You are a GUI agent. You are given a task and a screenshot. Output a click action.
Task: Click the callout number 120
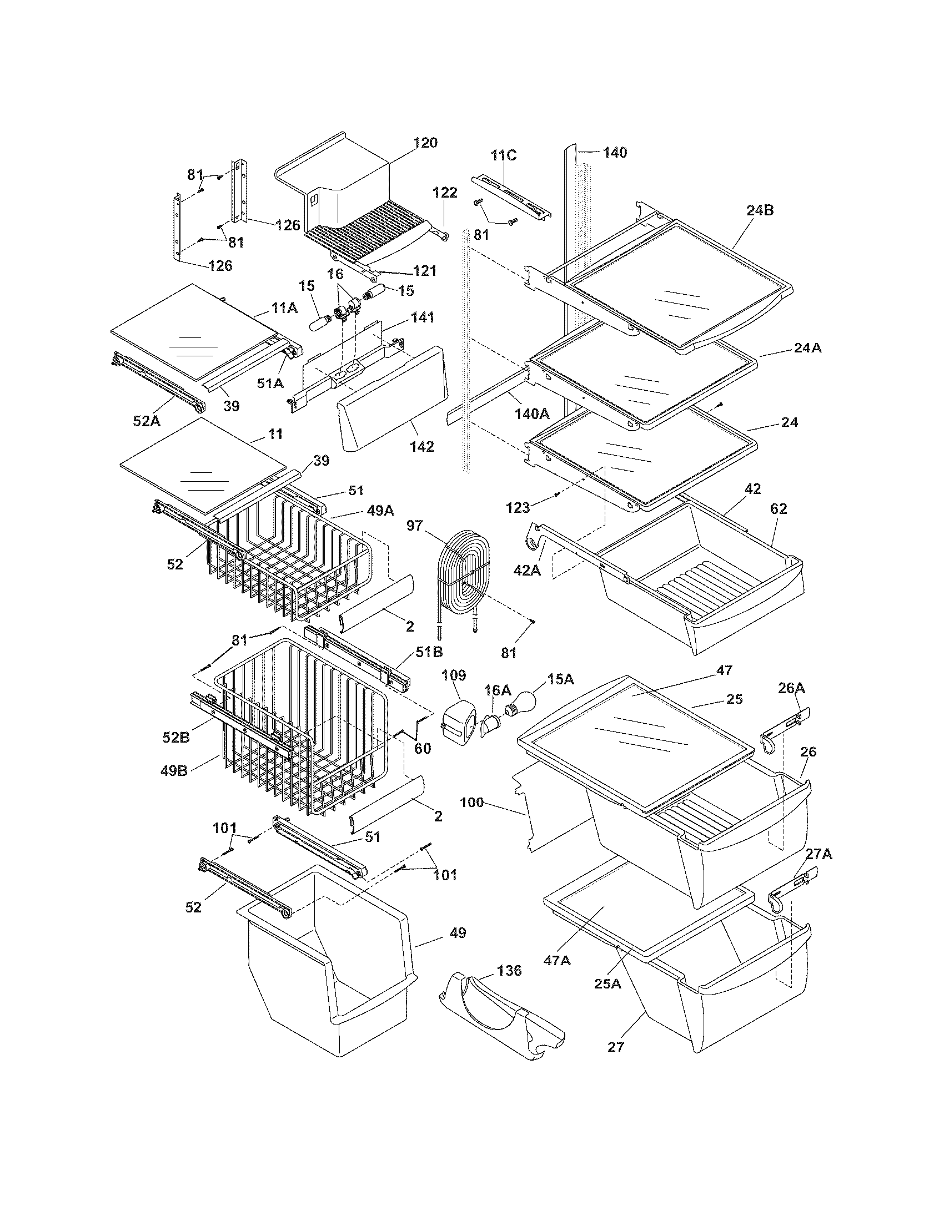coord(425,143)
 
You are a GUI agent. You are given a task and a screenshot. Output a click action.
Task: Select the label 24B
coord(760,210)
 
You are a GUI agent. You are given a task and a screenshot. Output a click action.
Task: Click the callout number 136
coord(508,971)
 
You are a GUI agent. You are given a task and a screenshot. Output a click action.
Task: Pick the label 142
coord(421,446)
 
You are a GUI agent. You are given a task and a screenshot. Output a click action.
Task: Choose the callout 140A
coord(532,413)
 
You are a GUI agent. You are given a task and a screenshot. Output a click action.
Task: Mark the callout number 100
coord(471,803)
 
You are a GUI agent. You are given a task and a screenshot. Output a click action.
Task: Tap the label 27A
coord(819,854)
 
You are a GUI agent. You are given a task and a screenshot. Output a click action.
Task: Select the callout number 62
coord(779,509)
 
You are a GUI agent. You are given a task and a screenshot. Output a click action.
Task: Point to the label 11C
coord(504,155)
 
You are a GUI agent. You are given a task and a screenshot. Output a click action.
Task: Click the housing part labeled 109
coord(458,722)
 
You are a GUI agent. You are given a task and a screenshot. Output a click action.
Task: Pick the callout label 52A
coord(147,421)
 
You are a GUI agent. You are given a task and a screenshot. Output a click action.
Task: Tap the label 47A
coord(557,960)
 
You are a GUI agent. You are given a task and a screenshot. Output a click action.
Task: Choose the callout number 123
coord(518,508)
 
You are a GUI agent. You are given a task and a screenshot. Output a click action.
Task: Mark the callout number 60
coord(422,748)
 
